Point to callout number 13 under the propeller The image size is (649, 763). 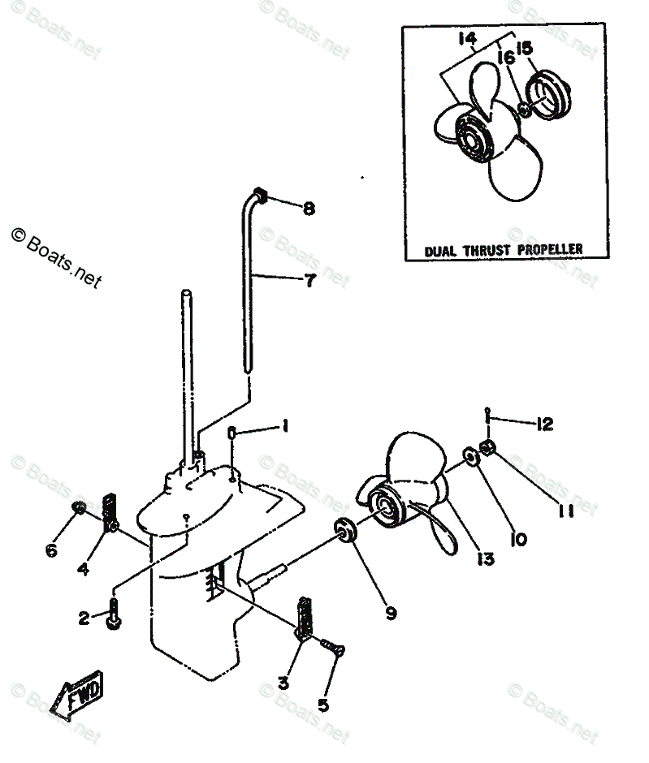click(x=486, y=558)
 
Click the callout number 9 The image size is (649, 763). click(x=391, y=613)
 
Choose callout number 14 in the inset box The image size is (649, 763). click(x=466, y=38)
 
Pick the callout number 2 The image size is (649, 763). click(x=84, y=619)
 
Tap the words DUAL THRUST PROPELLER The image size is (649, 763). click(x=504, y=249)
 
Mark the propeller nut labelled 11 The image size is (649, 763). click(x=487, y=448)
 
